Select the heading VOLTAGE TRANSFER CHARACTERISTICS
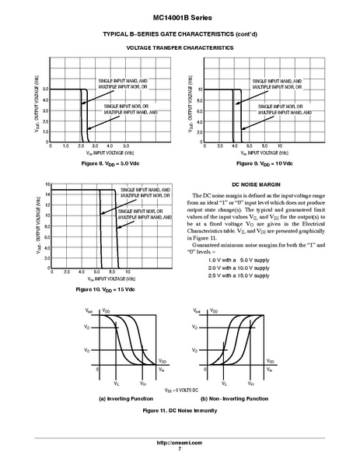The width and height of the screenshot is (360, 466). tap(180, 47)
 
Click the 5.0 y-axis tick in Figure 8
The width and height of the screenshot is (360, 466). tap(46, 89)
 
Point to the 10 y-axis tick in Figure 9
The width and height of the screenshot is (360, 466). tap(201, 89)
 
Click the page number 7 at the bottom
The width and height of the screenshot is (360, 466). tap(180, 450)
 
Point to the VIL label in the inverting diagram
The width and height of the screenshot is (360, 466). tap(117, 384)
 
